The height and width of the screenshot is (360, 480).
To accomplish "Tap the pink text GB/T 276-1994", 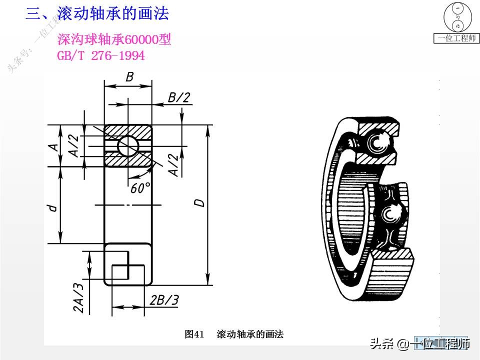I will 101,55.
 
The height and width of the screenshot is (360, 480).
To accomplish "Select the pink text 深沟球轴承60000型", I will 114,40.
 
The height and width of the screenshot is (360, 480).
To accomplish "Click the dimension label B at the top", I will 129,77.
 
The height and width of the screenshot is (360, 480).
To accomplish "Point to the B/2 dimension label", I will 178,97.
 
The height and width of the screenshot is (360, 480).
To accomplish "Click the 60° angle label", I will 140,188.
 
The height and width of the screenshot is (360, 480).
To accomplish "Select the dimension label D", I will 199,203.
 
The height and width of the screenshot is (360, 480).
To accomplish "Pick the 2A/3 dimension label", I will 78,297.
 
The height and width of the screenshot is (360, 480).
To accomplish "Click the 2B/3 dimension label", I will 164,299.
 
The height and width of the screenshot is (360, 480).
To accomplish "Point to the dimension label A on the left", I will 52,146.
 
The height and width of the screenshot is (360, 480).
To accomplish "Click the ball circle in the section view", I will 128,145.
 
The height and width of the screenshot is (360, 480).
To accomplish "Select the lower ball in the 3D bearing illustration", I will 389,214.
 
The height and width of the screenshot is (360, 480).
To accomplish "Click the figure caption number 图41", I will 194,334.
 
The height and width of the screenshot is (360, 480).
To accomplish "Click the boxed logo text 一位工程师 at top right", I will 456,38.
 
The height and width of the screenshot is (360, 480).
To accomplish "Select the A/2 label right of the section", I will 173,165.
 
